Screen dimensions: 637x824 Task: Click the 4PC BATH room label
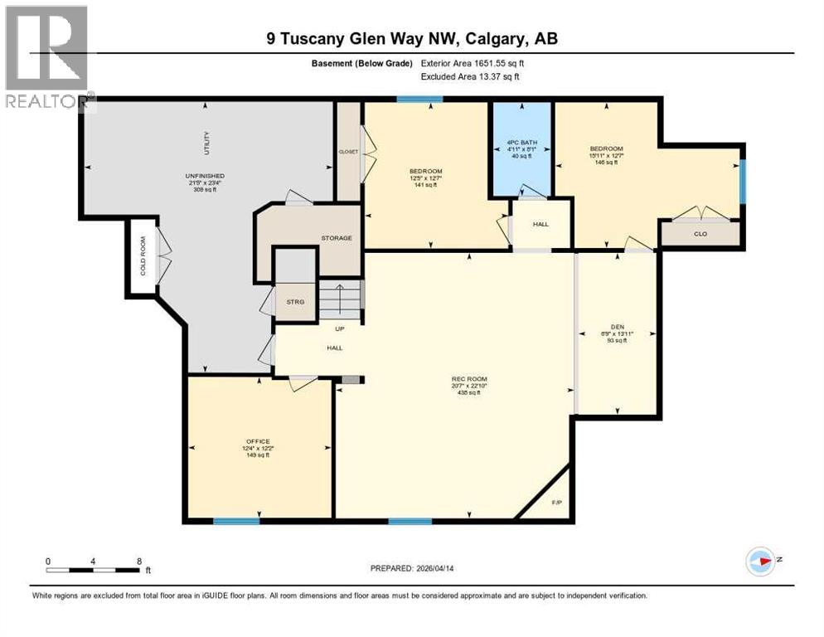pos(522,143)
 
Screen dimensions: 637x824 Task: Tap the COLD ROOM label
pos(143,256)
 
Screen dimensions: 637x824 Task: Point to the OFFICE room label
pos(258,441)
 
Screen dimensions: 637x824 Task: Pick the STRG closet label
pos(295,301)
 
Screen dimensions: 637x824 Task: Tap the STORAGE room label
pos(337,238)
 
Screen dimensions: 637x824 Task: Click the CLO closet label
pos(700,234)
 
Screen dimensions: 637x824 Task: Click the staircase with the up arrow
pos(340,299)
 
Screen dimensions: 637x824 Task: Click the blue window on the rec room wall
pos(410,521)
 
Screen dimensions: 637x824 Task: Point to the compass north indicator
pos(760,562)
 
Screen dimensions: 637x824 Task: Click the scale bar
pos(93,570)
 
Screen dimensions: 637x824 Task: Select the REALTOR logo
pos(47,58)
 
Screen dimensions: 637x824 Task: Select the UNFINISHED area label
pos(205,176)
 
